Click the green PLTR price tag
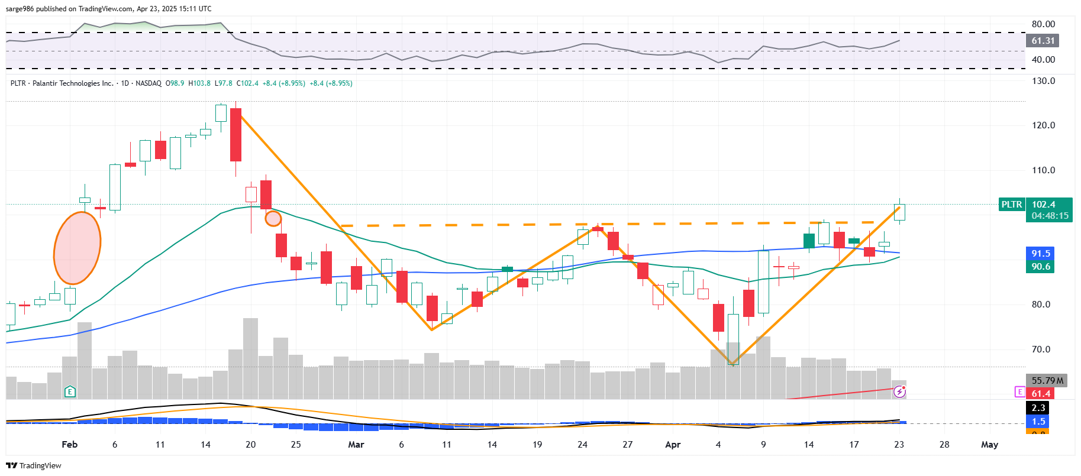click(x=1011, y=205)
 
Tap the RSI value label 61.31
click(x=1043, y=41)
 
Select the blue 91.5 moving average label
click(x=1040, y=254)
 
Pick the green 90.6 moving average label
click(x=1040, y=267)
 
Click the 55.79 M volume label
click(x=1047, y=381)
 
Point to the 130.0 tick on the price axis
click(x=1043, y=81)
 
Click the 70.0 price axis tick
click(x=1041, y=349)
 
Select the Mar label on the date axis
click(x=356, y=445)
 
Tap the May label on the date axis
click(x=989, y=445)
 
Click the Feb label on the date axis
click(x=70, y=445)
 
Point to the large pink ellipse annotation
click(x=77, y=248)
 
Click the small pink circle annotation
click(x=273, y=219)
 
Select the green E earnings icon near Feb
click(x=70, y=391)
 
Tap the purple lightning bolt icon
click(x=899, y=391)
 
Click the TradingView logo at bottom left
click(x=34, y=465)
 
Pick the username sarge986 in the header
click(x=20, y=9)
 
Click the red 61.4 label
click(x=1041, y=394)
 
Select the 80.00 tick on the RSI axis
click(x=1043, y=24)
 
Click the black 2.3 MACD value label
click(x=1038, y=408)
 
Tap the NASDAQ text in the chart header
click(x=149, y=83)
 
